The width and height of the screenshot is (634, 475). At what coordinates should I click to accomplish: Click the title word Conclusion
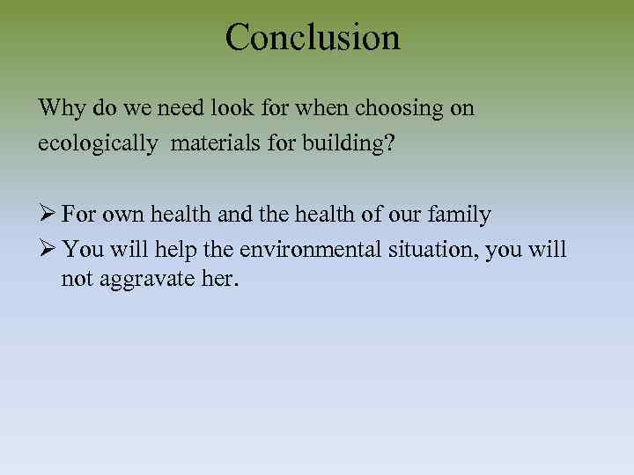click(313, 38)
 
